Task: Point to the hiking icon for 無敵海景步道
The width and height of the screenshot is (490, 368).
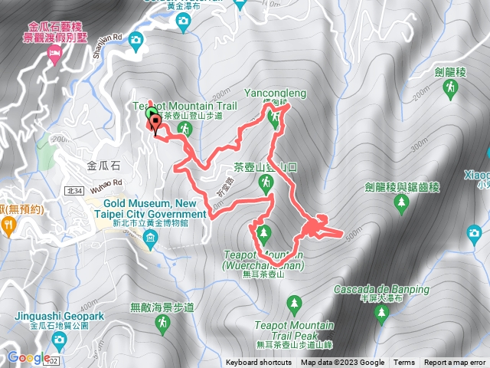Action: pyautogui.click(x=162, y=324)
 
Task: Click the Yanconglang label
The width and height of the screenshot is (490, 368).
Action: pyautogui.click(x=275, y=94)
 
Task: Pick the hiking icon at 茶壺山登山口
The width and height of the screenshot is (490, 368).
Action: pyautogui.click(x=265, y=182)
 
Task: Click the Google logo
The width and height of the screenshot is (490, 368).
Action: pyautogui.click(x=28, y=357)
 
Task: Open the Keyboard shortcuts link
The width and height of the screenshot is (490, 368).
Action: pyautogui.click(x=259, y=363)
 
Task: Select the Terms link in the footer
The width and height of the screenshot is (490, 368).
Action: pyautogui.click(x=404, y=363)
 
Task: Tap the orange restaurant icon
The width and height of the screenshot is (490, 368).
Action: pyautogui.click(x=7, y=225)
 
